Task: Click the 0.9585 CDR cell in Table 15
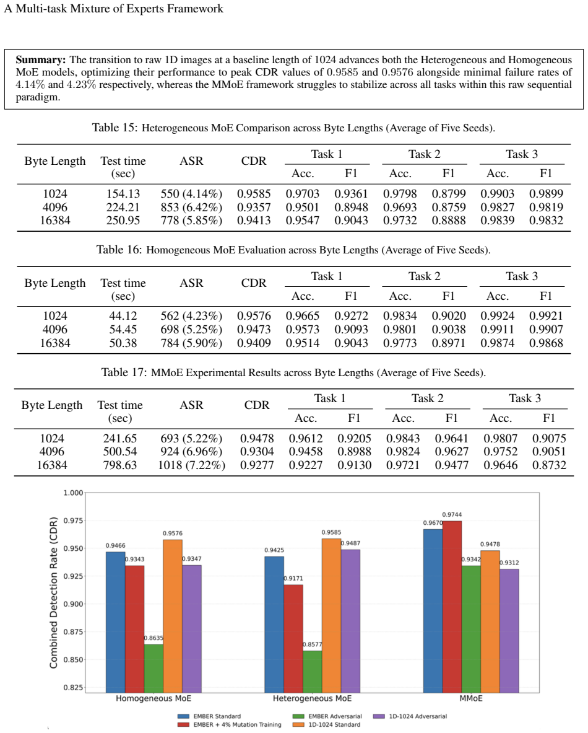pyautogui.click(x=254, y=193)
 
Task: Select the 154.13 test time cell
pyautogui.click(x=123, y=193)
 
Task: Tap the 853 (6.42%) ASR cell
pyautogui.click(x=191, y=207)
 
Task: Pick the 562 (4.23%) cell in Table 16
pyautogui.click(x=191, y=316)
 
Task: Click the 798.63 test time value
pyautogui.click(x=120, y=465)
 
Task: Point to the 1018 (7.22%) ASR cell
pyautogui.click(x=191, y=465)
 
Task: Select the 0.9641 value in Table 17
pyautogui.click(x=452, y=439)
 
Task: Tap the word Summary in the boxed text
pyautogui.click(x=41, y=60)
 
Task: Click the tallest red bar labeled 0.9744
pyautogui.click(x=452, y=607)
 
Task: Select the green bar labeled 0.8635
pyautogui.click(x=153, y=669)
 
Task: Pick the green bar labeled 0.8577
pyautogui.click(x=313, y=672)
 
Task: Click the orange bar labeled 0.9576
pyautogui.click(x=173, y=616)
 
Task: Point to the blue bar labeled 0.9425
pyautogui.click(x=274, y=625)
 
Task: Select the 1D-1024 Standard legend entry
pyautogui.click(x=327, y=724)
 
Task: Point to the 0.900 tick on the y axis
pyautogui.click(x=73, y=604)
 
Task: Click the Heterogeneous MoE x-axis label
pyautogui.click(x=313, y=698)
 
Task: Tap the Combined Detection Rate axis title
pyautogui.click(x=54, y=593)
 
